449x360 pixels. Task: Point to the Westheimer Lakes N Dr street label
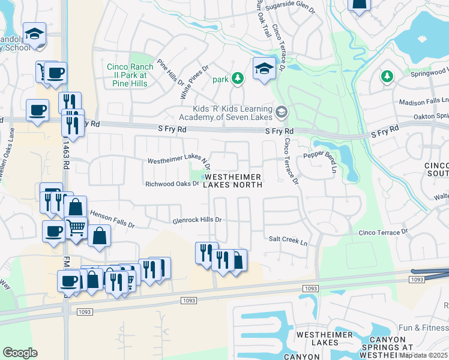pos(179,161)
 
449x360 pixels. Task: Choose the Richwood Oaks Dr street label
pos(172,184)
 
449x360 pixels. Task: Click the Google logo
pos(20,353)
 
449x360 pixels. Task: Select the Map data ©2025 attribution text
pos(423,355)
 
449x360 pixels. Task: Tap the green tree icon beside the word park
pos(238,78)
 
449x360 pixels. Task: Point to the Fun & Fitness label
pos(424,328)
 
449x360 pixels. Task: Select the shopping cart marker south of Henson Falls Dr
pos(76,228)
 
